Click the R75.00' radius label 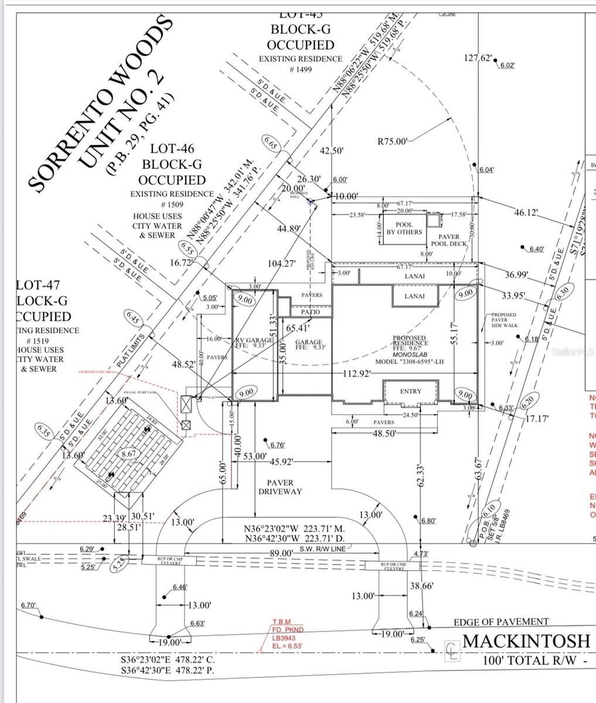tap(392, 141)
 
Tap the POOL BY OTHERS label tap(404, 228)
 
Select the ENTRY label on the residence tap(410, 391)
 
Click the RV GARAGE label tap(254, 340)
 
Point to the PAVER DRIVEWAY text tap(280, 486)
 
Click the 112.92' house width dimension tap(356, 374)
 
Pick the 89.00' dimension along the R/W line tap(281, 552)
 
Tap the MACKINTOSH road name tap(526, 640)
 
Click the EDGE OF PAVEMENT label tap(501, 622)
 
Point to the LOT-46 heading tap(172, 150)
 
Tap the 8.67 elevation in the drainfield tap(128, 453)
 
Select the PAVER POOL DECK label tap(449, 240)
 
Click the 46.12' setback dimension tap(526, 213)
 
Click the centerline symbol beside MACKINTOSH tap(452, 647)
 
